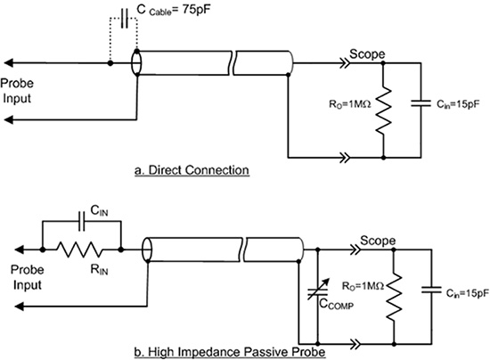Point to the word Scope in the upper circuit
tap(367, 53)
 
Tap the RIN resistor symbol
tap(82, 250)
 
